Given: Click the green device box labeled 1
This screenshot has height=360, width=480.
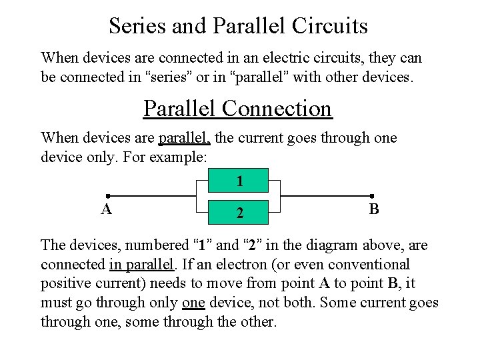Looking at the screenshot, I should [239, 181].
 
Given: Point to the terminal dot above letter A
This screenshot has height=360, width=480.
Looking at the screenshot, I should [107, 197].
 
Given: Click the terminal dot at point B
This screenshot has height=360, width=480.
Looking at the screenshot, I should [371, 197].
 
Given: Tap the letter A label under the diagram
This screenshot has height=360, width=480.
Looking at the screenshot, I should [106, 210].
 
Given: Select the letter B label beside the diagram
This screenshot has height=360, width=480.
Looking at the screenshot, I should [374, 209].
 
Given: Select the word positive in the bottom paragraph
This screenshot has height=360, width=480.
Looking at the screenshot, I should [65, 284].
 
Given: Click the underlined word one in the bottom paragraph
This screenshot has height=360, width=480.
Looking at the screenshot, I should [193, 303].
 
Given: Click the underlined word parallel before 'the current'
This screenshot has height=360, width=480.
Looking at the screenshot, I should [185, 138].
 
